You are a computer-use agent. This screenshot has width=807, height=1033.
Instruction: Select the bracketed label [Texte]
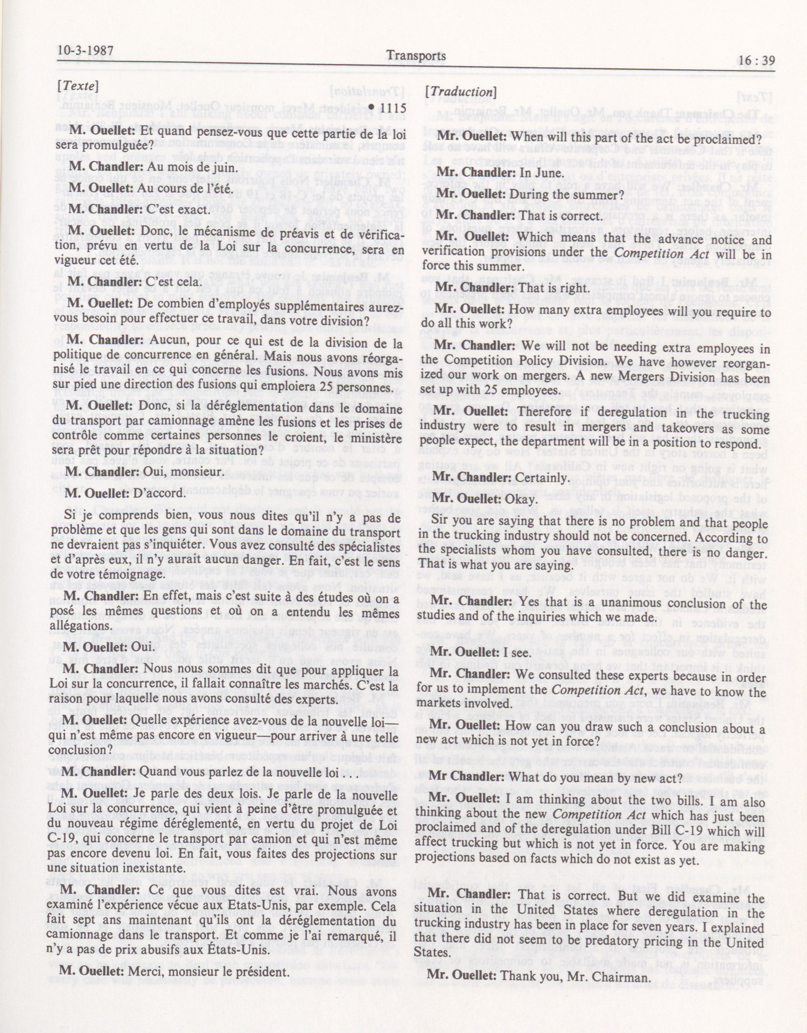pyautogui.click(x=77, y=87)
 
